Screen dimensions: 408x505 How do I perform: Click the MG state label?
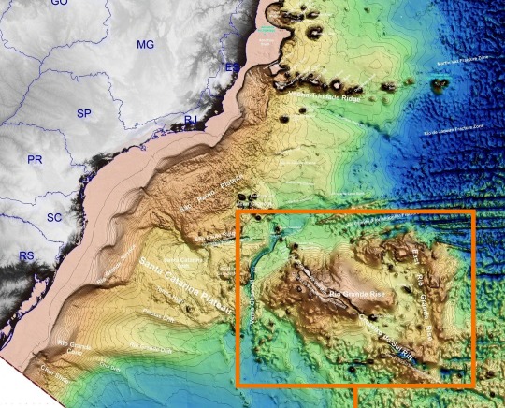(x=145, y=44)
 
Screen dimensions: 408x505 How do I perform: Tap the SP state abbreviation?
(x=84, y=113)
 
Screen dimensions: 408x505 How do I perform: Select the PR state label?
(x=36, y=160)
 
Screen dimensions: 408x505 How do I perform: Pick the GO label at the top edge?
(x=60, y=4)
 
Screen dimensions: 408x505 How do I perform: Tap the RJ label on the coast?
(x=191, y=120)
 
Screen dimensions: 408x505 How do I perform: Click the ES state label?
(x=232, y=67)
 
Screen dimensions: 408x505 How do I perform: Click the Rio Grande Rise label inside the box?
(x=363, y=294)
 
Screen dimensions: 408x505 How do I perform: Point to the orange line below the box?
(x=357, y=397)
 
